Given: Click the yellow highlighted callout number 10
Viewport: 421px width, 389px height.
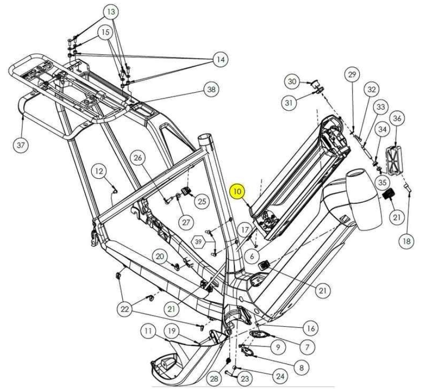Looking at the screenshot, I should (x=238, y=192).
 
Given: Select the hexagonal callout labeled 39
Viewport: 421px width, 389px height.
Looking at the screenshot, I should (x=198, y=242).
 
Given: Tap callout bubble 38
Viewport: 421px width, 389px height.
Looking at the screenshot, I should (x=210, y=90).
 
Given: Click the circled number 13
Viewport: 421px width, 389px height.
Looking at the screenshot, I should (x=111, y=11).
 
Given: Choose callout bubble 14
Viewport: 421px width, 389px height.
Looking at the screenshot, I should (x=220, y=60).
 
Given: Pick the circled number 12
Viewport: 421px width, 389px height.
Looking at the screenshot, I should (x=99, y=171).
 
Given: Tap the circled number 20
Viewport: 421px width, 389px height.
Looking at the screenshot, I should (x=160, y=256).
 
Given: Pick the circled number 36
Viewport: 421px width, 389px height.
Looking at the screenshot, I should (x=397, y=119).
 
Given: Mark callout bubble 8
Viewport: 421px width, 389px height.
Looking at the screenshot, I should (x=301, y=366).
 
